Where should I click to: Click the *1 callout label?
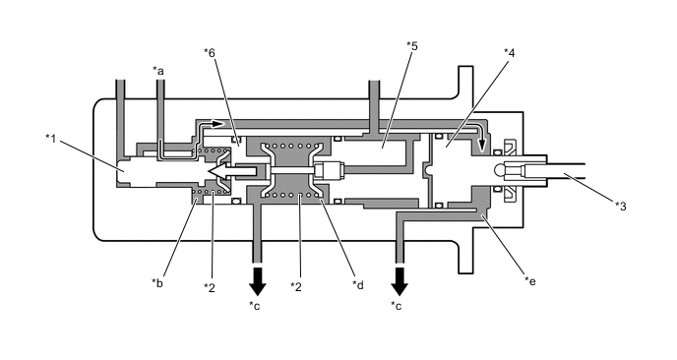point(51,138)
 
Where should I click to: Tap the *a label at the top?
point(158,70)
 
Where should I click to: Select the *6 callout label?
point(210,53)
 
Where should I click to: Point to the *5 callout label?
point(412,45)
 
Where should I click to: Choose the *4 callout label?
point(510,53)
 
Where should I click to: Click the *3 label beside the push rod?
point(621,207)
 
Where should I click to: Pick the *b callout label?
point(157,282)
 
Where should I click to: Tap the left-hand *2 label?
point(210,287)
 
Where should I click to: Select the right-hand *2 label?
point(296,286)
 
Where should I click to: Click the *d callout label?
point(358,284)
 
